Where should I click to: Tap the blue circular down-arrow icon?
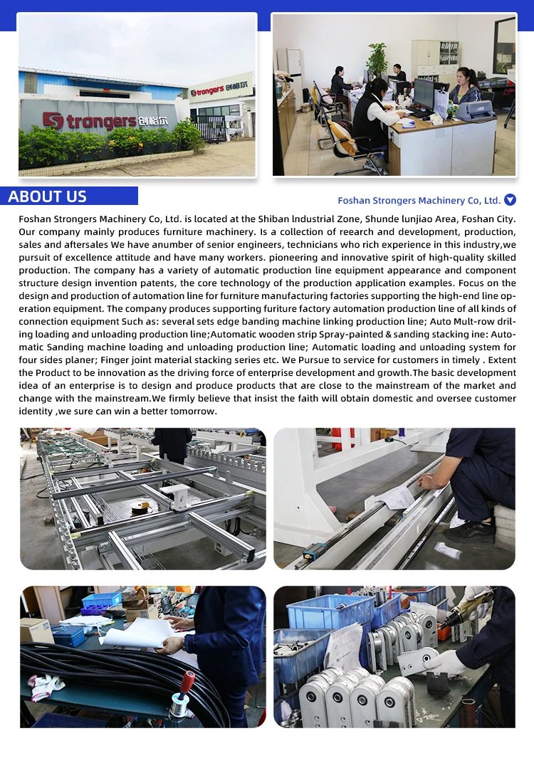tap(510, 200)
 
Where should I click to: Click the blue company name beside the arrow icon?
tap(419, 201)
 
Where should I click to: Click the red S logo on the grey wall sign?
tap(53, 121)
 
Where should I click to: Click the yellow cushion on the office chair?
tap(347, 145)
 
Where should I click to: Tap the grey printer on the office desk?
tap(474, 110)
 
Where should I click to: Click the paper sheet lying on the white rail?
tap(396, 498)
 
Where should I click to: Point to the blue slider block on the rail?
tap(314, 552)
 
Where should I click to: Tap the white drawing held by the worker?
tap(139, 631)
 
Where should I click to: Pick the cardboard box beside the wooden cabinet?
tap(36, 630)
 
